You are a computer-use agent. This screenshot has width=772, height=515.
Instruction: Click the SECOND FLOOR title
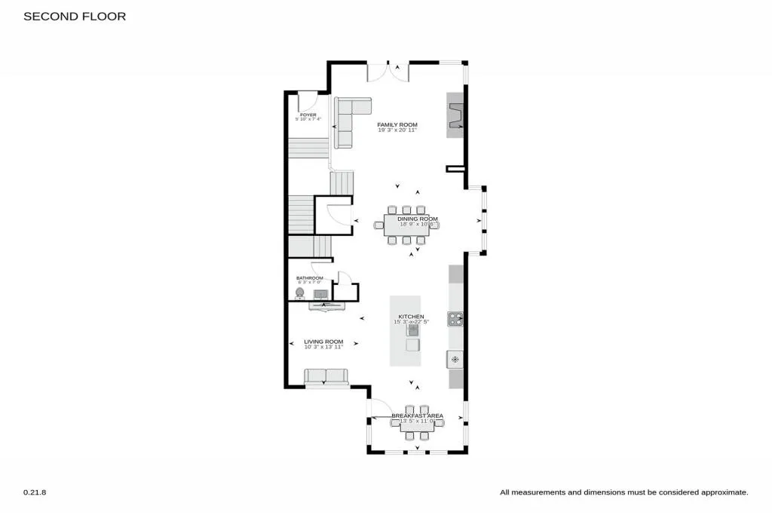75,16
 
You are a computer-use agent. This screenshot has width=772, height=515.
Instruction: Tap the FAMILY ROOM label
397,124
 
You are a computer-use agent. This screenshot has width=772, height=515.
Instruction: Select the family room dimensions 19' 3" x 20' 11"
397,130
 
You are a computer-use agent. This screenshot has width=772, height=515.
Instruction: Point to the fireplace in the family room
455,115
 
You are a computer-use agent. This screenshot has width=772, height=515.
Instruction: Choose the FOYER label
308,115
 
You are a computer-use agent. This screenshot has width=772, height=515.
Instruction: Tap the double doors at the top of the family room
388,72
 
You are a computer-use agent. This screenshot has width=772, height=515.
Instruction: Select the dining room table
406,225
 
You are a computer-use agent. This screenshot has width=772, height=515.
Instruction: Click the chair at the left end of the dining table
378,225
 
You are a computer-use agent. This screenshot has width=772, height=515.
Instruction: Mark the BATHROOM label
309,278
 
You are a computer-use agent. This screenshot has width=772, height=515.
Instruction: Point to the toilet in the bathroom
300,293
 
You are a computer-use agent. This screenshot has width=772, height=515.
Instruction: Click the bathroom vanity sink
320,293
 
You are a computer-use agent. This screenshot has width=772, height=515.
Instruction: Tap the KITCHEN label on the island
412,317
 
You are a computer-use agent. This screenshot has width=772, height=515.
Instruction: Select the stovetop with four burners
455,319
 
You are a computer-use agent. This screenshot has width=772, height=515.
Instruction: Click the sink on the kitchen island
412,330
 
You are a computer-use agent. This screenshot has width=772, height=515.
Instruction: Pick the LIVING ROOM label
323,341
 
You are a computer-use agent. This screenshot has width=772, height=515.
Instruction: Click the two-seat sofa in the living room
326,376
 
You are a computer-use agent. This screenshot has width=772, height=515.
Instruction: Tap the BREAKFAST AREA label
417,416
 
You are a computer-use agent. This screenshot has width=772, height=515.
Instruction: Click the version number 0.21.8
35,492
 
